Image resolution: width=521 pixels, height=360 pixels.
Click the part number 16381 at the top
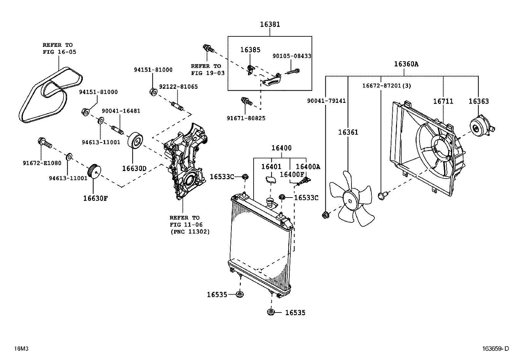(270, 24)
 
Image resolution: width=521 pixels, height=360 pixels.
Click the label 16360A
(406, 64)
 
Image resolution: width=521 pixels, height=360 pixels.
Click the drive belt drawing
(49, 95)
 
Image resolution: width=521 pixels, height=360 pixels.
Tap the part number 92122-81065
(178, 87)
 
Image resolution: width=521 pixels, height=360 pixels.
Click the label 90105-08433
(292, 56)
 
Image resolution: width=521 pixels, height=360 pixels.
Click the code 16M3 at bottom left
(21, 349)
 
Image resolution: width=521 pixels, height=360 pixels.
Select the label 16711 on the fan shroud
(443, 102)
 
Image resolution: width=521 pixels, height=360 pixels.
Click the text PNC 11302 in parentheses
(190, 232)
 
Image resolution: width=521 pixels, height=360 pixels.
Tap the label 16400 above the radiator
(281, 148)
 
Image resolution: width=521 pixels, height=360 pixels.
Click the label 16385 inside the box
(250, 50)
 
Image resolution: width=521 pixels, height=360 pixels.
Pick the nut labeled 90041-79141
(326, 215)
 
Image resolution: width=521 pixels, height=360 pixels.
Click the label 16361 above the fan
(348, 132)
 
